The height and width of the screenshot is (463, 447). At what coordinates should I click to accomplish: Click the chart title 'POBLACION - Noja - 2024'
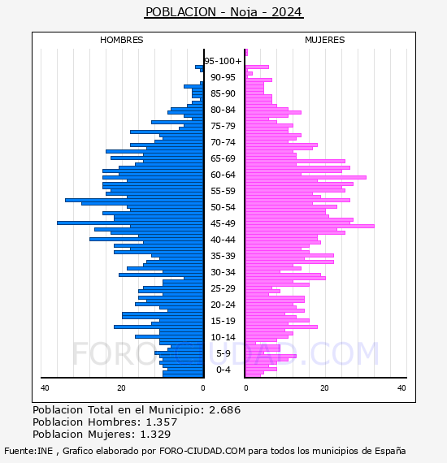coord(223,12)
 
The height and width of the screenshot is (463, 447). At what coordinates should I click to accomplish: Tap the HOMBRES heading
coord(121,40)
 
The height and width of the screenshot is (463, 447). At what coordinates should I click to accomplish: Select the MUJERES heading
coord(325,40)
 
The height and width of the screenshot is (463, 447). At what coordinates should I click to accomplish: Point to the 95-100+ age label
coord(223,61)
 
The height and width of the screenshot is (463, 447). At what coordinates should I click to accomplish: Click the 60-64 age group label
coord(223,175)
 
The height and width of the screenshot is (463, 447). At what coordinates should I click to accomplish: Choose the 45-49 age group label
coord(223,223)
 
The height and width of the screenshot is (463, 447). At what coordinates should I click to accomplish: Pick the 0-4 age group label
coord(223,370)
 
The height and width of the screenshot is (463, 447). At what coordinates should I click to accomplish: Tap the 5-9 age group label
coord(223,353)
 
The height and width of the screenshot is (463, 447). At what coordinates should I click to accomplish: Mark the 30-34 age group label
coord(223,272)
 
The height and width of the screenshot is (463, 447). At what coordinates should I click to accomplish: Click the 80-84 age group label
coord(223,110)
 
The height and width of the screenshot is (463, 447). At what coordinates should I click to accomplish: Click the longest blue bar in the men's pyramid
coord(130,223)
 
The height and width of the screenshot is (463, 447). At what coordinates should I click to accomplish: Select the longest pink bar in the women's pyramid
coord(310,226)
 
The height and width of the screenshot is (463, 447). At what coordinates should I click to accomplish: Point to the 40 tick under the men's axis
coord(45,388)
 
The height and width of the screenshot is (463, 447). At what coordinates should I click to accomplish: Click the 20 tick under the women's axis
coord(324,388)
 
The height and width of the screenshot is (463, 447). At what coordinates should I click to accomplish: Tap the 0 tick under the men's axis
coord(203,388)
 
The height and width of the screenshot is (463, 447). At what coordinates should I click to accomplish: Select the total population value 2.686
coord(224,410)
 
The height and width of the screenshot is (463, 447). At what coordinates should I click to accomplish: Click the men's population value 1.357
coord(162,422)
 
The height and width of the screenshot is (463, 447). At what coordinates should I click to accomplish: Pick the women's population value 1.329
coord(155,435)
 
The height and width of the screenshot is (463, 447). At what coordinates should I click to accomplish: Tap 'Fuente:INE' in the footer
coord(28,451)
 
